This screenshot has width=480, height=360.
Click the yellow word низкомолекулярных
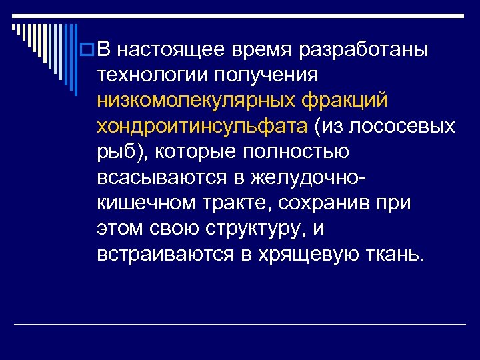197,101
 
